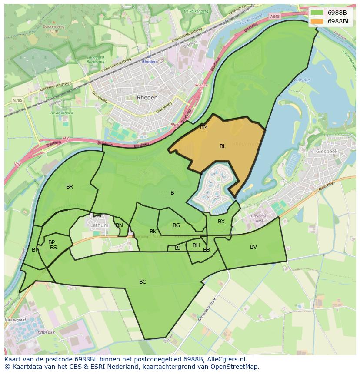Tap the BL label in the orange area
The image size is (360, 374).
point(223,146)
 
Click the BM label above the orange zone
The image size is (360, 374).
point(204,127)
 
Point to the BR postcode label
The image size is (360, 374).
point(70,187)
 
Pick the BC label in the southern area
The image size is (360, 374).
point(143,282)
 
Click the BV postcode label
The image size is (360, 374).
point(253,247)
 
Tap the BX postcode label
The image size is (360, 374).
point(221,222)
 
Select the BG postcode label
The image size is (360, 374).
point(176,225)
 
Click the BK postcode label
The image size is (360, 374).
point(153,232)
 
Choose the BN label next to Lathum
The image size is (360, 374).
point(119,225)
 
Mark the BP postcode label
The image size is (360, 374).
point(52,242)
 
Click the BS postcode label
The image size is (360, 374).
point(53,248)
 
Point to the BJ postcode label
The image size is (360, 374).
point(177,248)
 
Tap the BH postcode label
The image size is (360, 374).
point(196,245)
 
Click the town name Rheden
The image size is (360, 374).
point(147,98)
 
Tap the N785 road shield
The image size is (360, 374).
point(17,100)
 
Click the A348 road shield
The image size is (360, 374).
point(274,16)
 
